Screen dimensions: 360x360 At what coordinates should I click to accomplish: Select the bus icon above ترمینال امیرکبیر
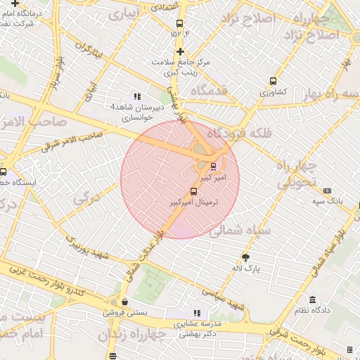(x=193, y=191)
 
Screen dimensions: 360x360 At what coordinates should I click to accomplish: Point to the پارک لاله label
(x=245, y=269)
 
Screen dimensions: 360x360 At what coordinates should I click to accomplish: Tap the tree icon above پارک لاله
(x=245, y=257)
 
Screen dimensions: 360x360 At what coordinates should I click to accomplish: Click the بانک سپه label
(x=328, y=202)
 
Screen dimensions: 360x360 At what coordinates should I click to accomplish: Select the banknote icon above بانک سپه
(x=328, y=191)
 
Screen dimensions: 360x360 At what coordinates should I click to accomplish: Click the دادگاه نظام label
(x=316, y=310)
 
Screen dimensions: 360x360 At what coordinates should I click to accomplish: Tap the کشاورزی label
(x=274, y=92)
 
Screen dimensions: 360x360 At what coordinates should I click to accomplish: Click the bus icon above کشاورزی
(x=274, y=81)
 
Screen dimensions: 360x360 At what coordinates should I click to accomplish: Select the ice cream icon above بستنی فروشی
(x=125, y=302)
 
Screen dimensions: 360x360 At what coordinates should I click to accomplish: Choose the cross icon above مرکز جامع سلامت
(x=181, y=51)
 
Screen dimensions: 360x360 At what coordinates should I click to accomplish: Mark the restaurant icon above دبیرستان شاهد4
(x=136, y=96)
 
